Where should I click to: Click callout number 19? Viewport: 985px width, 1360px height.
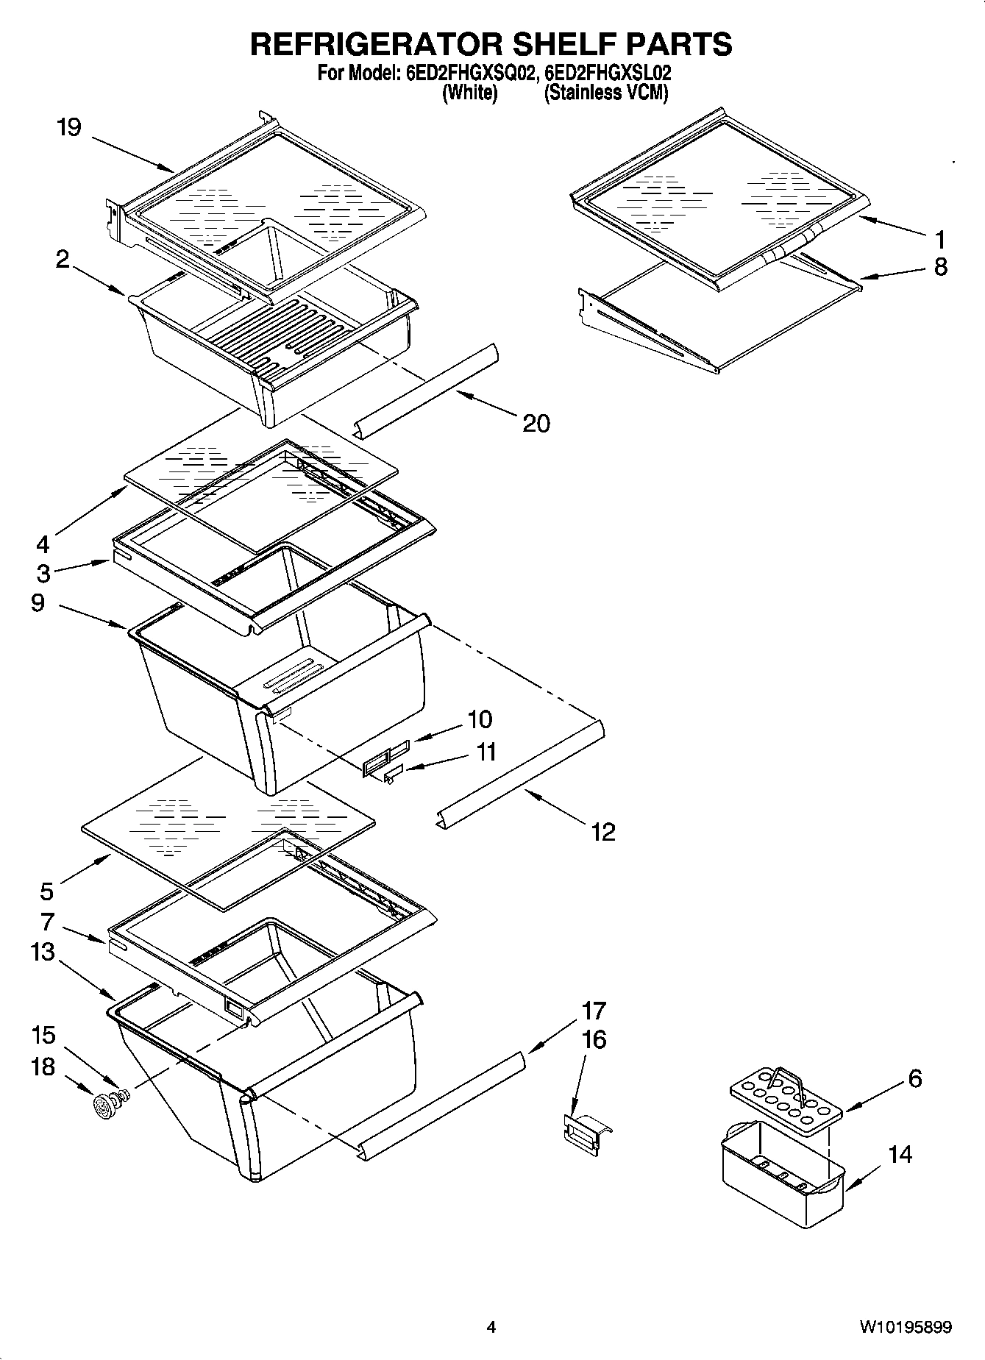pyautogui.click(x=69, y=128)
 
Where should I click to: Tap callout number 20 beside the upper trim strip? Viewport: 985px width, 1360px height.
pyautogui.click(x=536, y=424)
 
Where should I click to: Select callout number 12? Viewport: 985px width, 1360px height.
pyautogui.click(x=603, y=832)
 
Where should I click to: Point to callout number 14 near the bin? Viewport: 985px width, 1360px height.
pyautogui.click(x=900, y=1155)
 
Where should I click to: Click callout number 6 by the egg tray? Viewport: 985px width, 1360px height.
pyautogui.click(x=914, y=1079)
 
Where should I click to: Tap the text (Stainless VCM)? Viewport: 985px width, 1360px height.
pyautogui.click(x=605, y=93)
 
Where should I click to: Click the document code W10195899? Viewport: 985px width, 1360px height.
pyautogui.click(x=906, y=1327)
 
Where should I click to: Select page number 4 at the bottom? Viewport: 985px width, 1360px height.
pyautogui.click(x=491, y=1328)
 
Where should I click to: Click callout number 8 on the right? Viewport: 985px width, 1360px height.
pyautogui.click(x=940, y=267)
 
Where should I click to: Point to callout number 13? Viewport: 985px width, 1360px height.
pyautogui.click(x=43, y=952)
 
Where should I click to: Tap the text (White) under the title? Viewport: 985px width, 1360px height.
pyautogui.click(x=469, y=93)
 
